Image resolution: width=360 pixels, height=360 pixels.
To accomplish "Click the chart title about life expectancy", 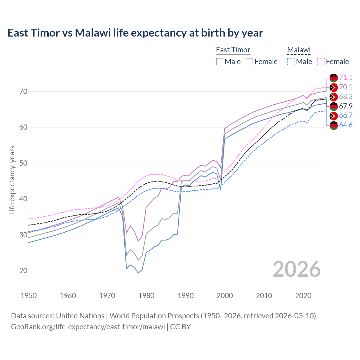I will pyautogui.click(x=135, y=33).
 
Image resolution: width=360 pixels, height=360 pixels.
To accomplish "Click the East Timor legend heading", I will pyautogui.click(x=233, y=50).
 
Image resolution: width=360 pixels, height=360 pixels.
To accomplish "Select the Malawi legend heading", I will pyautogui.click(x=299, y=50).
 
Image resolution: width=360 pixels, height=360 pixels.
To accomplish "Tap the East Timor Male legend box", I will pyautogui.click(x=220, y=62).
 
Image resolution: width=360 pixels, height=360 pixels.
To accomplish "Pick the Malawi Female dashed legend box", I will pyautogui.click(x=321, y=62).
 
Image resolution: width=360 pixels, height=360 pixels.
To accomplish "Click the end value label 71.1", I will pyautogui.click(x=346, y=77).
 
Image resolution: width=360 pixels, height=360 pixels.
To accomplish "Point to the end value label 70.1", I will pyautogui.click(x=346, y=87).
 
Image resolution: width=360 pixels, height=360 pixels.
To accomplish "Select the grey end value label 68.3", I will pyautogui.click(x=346, y=96).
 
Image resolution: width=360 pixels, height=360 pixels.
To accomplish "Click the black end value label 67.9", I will pyautogui.click(x=346, y=106).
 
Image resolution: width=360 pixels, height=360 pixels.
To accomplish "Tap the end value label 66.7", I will pyautogui.click(x=346, y=116).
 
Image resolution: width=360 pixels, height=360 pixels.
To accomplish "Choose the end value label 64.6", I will pyautogui.click(x=346, y=125).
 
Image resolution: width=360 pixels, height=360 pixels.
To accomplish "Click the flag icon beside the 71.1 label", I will pyautogui.click(x=334, y=78).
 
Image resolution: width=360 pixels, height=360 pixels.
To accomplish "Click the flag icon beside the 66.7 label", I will pyautogui.click(x=334, y=116).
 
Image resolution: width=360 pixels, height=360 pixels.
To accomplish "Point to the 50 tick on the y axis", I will pyautogui.click(x=23, y=163).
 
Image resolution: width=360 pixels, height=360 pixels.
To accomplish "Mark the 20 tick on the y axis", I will pyautogui.click(x=23, y=271).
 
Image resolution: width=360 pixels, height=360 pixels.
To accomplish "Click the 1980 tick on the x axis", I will pyautogui.click(x=147, y=296).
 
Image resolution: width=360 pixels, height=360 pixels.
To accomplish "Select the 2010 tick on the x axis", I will pyautogui.click(x=264, y=296).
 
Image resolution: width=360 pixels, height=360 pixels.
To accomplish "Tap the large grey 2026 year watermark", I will pyautogui.click(x=296, y=269).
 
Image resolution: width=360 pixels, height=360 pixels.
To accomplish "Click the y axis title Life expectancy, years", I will pyautogui.click(x=12, y=180).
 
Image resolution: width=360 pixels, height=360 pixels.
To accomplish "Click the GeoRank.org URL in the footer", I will pyautogui.click(x=88, y=327).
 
